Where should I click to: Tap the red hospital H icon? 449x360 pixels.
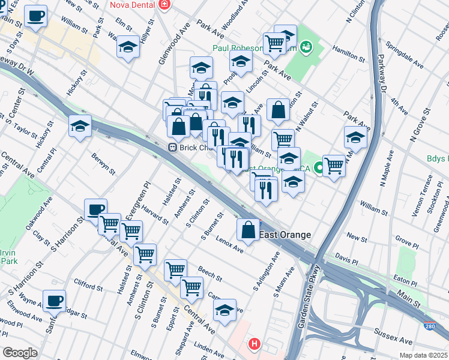click(255, 344)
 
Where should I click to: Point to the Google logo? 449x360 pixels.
click(20, 353)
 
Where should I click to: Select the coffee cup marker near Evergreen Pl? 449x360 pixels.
click(95, 209)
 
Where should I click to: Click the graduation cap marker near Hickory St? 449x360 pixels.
click(80, 126)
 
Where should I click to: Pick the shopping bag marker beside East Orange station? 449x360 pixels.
click(248, 229)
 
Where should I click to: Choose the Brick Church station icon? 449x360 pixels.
click(172, 147)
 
